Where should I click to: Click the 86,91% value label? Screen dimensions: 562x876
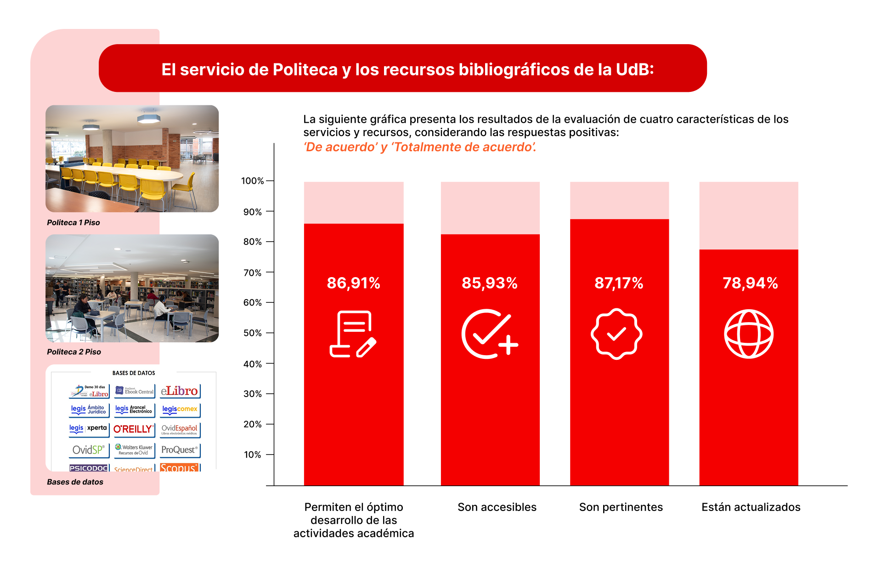[353, 283]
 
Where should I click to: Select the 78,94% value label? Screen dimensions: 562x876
[750, 283]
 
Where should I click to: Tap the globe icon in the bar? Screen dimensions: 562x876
[748, 334]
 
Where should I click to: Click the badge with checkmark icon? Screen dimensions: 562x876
[616, 334]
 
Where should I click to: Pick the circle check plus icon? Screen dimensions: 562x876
[489, 334]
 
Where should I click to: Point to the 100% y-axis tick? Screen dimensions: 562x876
[252, 181]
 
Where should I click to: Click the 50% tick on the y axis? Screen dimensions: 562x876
[252, 333]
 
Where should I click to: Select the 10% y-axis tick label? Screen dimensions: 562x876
[252, 455]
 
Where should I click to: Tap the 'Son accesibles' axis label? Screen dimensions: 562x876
[497, 507]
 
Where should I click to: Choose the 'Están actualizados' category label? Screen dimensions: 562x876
[751, 507]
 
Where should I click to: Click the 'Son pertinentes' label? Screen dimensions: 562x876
[621, 507]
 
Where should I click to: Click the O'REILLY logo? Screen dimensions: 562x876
[133, 429]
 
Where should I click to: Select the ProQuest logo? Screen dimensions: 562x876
[180, 450]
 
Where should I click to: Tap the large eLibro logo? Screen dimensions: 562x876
[180, 391]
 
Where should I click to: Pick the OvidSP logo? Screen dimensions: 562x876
[89, 450]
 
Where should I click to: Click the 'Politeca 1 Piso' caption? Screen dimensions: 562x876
[73, 223]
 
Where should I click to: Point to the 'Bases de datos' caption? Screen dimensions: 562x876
[75, 482]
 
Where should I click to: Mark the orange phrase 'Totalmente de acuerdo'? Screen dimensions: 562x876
[463, 147]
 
